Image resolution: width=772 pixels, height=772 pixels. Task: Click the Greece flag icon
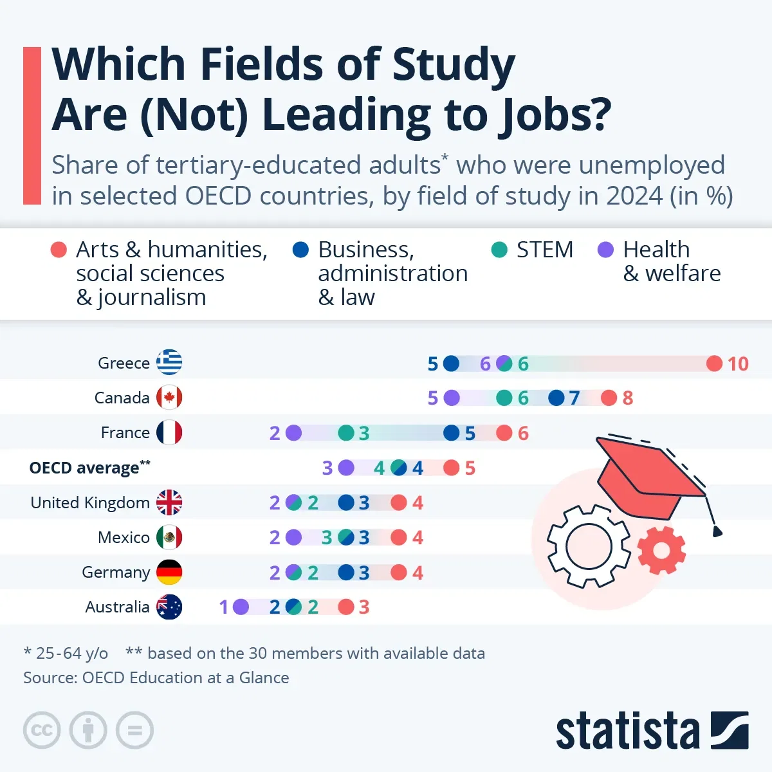point(169,363)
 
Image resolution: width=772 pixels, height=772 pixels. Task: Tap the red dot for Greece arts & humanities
point(714,363)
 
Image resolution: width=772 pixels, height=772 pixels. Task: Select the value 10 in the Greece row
point(738,364)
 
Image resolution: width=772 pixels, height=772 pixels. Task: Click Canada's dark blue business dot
point(556,398)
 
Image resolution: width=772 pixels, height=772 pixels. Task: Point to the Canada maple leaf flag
point(169,398)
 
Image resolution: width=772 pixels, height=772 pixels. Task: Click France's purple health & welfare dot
point(293,433)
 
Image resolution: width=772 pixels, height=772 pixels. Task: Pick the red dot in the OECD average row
point(452,468)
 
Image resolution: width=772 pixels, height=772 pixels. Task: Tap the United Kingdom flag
point(169,502)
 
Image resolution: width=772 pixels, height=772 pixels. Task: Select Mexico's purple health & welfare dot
point(293,537)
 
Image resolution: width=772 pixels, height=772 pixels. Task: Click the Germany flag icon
point(169,572)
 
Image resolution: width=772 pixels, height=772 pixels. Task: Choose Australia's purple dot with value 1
point(241,607)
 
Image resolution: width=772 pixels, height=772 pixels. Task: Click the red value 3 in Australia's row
point(364,607)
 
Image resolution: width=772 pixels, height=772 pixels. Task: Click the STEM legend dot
point(499,250)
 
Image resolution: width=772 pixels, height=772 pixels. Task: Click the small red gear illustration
point(661,551)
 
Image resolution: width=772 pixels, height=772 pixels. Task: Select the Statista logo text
point(627,731)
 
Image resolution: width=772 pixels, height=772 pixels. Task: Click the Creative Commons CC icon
point(42,730)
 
